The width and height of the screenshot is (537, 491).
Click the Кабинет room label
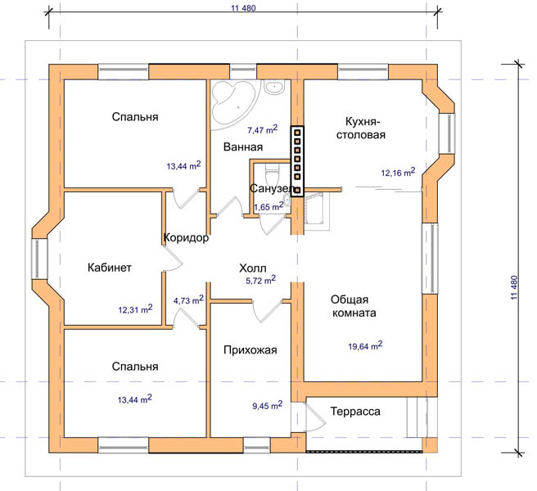click(109, 267)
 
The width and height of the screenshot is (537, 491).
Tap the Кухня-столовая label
click(361, 128)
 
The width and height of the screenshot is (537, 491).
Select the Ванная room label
click(243, 146)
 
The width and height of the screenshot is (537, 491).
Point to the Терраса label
click(355, 412)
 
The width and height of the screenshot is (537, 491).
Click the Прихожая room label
click(250, 350)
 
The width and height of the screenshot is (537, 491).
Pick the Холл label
click(253, 268)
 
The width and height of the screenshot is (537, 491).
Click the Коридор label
click(186, 237)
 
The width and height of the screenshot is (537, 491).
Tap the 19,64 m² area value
click(365, 346)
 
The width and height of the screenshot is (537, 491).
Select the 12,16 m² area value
click(398, 172)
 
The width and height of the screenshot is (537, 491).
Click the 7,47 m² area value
click(262, 129)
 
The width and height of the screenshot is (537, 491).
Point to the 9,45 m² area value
click(268, 405)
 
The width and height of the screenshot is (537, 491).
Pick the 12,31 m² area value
click(135, 309)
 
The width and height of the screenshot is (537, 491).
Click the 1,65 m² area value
click(268, 206)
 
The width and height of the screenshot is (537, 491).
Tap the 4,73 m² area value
click(188, 300)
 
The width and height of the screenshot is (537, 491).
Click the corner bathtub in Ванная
click(233, 102)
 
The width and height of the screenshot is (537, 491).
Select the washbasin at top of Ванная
click(274, 87)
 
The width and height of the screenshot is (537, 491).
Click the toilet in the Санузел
click(273, 174)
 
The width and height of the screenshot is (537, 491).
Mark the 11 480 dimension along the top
click(243, 7)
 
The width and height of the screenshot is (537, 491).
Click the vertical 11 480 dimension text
click(514, 288)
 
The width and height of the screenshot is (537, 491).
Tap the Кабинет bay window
click(36, 259)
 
